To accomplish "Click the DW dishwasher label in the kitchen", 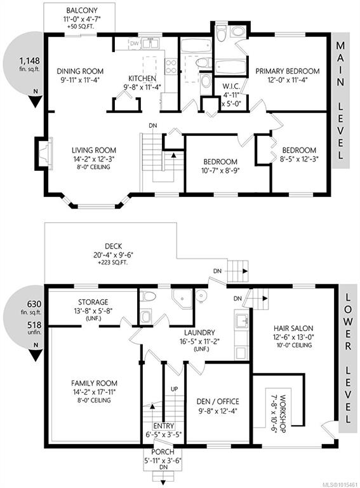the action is tap(135, 44).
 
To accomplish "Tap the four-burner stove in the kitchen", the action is tap(171, 66).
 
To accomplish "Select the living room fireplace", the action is tap(44, 153).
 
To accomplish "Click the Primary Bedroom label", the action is tap(288, 71).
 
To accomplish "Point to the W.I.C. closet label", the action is tap(231, 86).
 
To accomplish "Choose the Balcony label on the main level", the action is tap(82, 11).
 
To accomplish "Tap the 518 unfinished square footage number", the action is tap(34, 325).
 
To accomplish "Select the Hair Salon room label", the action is tap(293, 329).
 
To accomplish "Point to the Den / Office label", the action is tap(218, 402).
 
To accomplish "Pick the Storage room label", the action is tap(93, 302).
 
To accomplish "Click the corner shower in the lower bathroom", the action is tap(182, 299).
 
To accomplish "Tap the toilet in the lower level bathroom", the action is tap(147, 297).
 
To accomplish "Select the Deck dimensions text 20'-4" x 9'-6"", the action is tap(114, 255).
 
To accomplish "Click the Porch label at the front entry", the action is tap(163, 452).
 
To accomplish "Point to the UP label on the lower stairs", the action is tap(175, 389).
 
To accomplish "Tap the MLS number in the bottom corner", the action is tap(341, 485).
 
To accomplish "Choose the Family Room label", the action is tap(94, 383).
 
